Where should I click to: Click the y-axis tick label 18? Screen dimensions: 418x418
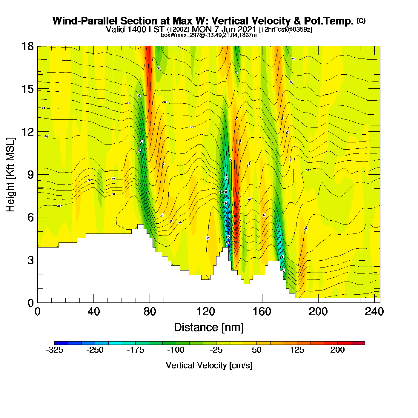(27, 47)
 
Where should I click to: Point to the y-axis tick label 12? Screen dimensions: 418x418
(27, 132)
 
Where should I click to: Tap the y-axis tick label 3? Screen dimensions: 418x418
(30, 260)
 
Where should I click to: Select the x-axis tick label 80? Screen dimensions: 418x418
(150, 312)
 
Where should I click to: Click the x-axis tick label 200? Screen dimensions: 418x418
(318, 312)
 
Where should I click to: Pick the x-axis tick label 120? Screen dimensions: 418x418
(206, 312)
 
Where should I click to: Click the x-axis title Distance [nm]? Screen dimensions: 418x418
(209, 328)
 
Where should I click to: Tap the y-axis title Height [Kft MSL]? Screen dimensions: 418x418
(11, 175)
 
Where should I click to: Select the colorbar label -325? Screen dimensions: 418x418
(55, 350)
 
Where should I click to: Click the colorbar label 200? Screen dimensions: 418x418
(337, 350)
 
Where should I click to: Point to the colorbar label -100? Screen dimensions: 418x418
(176, 350)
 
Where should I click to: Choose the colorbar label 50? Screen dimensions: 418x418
(256, 350)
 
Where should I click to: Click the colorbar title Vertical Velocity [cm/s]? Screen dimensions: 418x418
(209, 365)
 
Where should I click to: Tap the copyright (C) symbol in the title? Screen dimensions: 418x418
(361, 21)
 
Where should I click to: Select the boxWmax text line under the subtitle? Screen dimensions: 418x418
(209, 35)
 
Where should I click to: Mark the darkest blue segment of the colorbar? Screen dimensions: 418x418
(61, 343)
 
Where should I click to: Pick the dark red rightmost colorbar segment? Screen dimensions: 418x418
(358, 343)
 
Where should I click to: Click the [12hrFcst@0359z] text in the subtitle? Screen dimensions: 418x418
(285, 30)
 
